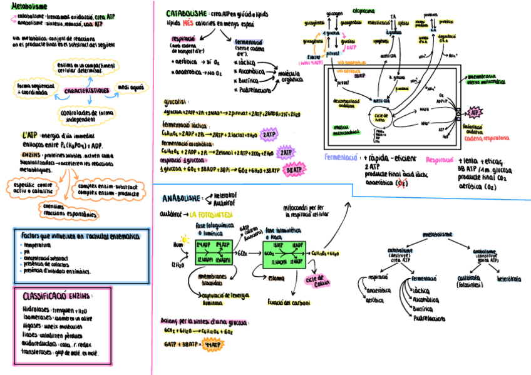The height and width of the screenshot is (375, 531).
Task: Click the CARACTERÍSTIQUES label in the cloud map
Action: click(x=86, y=91)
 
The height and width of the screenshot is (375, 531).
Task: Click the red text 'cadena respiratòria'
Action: click(x=487, y=138)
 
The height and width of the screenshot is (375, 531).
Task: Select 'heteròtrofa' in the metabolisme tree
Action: click(x=508, y=278)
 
